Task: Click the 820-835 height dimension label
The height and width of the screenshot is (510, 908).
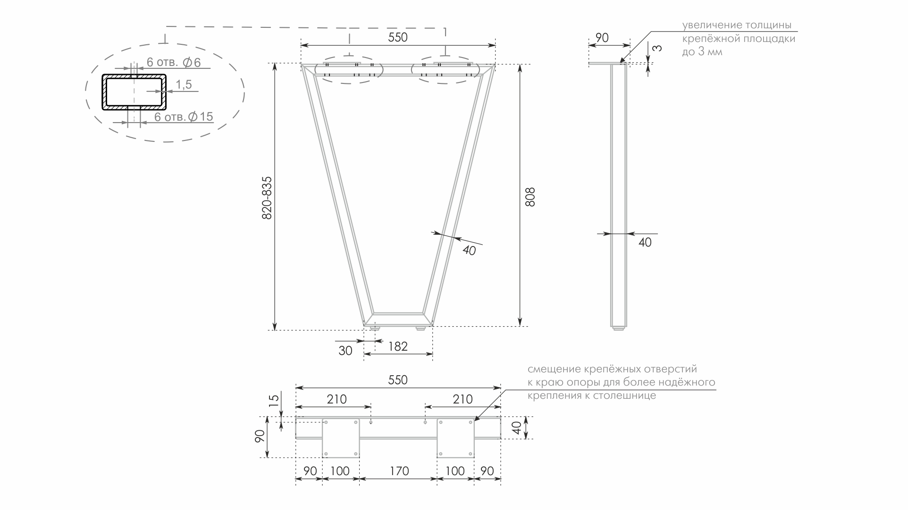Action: (x=267, y=197)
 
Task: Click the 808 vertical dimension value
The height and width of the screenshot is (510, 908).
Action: (x=530, y=197)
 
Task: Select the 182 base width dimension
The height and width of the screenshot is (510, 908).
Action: (x=398, y=347)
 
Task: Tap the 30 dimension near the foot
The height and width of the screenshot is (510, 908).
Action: (x=345, y=351)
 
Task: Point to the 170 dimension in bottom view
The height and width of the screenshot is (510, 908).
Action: (x=399, y=471)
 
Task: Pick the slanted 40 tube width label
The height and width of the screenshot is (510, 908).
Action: (x=469, y=250)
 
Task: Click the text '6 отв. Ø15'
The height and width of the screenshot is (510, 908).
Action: (x=184, y=116)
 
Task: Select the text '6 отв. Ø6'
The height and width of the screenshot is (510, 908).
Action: (x=173, y=62)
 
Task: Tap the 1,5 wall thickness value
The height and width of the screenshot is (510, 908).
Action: (x=184, y=85)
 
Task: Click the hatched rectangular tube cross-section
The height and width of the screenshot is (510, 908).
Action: (x=135, y=92)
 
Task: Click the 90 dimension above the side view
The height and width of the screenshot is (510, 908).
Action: (x=602, y=38)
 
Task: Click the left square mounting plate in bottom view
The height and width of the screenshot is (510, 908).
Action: (x=341, y=438)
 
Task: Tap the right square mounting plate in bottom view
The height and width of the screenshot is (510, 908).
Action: (x=455, y=438)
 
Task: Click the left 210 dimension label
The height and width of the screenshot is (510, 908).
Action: (x=336, y=399)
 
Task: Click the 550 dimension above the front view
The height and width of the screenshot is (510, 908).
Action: (x=397, y=37)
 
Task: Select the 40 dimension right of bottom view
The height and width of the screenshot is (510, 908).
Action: (x=517, y=428)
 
